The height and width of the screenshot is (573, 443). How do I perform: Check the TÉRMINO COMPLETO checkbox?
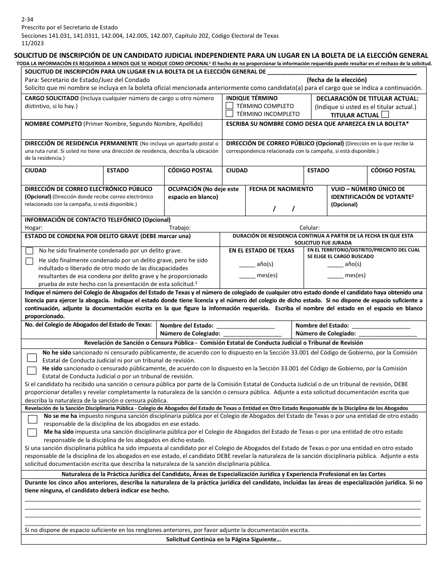tap(229, 106)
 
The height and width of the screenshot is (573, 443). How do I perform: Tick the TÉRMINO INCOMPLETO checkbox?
tap(229, 114)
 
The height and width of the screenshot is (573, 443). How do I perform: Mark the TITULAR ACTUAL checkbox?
tap(385, 115)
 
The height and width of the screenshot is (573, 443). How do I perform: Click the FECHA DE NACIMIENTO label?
tap(281, 189)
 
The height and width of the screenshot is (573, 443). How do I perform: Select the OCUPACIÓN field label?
tap(203, 193)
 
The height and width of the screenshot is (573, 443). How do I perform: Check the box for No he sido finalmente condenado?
tap(30, 251)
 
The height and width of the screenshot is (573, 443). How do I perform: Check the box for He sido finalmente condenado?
tap(30, 261)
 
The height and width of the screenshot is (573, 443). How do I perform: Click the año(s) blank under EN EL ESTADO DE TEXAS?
tap(247, 264)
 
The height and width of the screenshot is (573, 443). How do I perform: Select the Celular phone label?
tap(310, 228)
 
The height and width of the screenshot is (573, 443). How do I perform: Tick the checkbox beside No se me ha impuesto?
tap(32, 419)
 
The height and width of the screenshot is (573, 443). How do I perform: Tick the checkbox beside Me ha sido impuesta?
tap(32, 432)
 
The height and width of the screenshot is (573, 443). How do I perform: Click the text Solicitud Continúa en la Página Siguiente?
tap(223, 540)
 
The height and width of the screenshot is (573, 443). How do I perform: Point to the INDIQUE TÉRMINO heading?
tap(252, 98)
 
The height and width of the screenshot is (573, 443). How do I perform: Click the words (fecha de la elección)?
tap(337, 80)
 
